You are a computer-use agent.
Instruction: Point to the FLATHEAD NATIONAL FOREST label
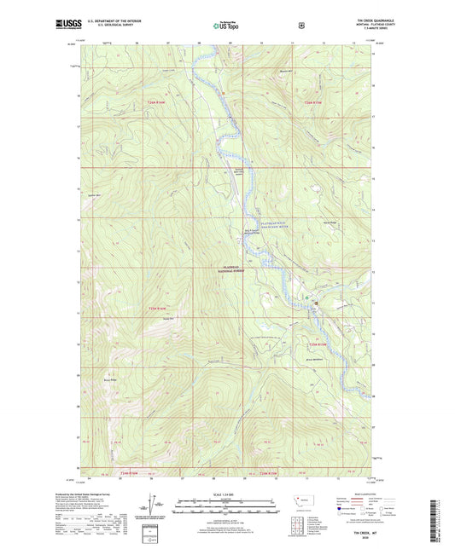click(x=234, y=269)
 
